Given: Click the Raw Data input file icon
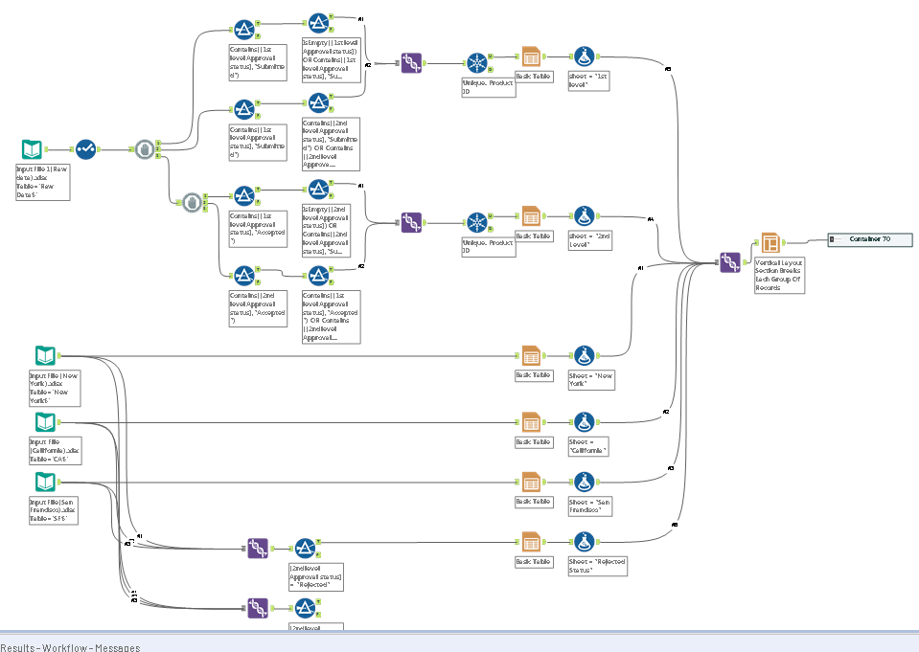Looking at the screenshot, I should tap(33, 149).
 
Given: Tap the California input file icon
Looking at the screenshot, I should tap(45, 422).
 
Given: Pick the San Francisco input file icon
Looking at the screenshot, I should tap(45, 482).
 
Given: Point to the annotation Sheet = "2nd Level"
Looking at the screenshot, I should tap(590, 239).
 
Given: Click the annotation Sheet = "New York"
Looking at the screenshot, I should tap(590, 379).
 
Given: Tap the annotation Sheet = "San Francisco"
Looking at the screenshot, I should tap(590, 506).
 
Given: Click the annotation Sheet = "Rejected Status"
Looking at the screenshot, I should tap(597, 565).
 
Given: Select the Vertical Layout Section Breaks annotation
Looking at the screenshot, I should tap(779, 274).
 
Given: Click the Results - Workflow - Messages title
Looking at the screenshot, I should tap(70, 647).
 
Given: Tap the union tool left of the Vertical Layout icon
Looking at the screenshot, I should tap(729, 262).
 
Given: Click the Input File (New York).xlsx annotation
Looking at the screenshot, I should tap(54, 388).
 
